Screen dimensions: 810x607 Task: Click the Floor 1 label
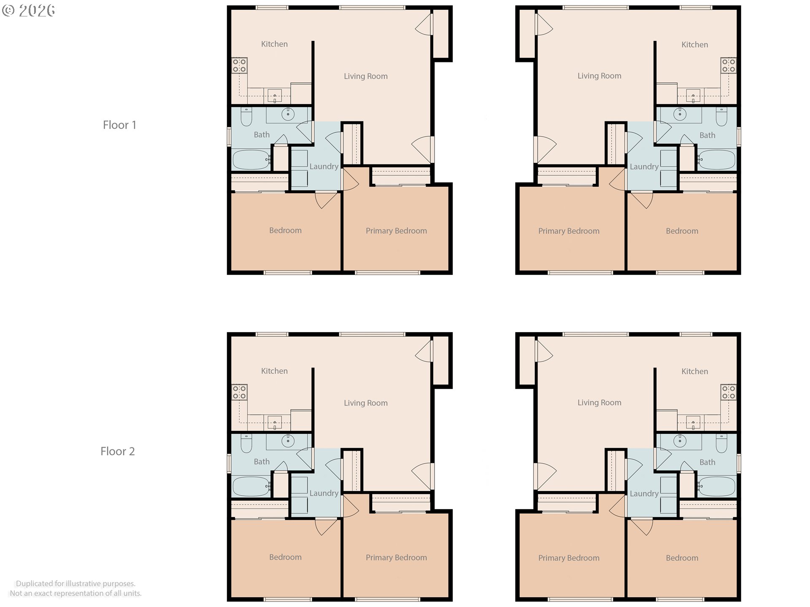coord(119,125)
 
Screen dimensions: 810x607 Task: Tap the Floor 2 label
coord(118,451)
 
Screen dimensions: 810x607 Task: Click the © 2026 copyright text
coord(28,11)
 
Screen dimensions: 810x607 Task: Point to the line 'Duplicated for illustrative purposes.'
coord(76,583)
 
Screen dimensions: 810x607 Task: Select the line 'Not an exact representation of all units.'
coord(76,594)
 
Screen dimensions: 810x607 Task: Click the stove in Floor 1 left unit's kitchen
coord(239,66)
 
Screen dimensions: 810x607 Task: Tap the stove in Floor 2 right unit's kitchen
coord(729,392)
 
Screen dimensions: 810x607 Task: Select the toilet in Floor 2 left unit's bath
coord(246,443)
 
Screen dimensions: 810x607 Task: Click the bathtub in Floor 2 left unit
coord(251,486)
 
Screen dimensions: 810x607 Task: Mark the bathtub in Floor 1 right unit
coord(717,159)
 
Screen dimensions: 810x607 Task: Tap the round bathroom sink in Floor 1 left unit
coord(288,114)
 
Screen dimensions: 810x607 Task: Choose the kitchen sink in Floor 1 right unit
coord(693,96)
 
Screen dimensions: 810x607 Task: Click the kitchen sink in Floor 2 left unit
coord(275,423)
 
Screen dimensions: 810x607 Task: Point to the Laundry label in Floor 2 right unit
coord(644,494)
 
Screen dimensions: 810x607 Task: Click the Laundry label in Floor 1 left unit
coord(324,167)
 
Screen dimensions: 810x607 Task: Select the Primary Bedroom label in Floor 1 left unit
coord(396,231)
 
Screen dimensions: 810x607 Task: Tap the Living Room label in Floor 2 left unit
coord(366,403)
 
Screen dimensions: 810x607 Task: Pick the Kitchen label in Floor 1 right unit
coord(695,45)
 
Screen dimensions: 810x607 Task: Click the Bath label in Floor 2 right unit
coord(707,462)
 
